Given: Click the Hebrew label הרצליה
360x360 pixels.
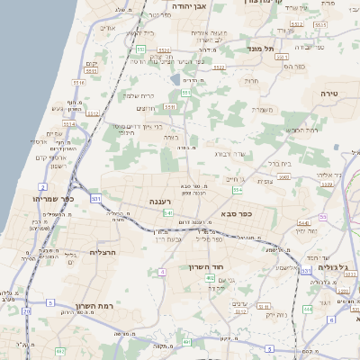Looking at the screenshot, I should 105,253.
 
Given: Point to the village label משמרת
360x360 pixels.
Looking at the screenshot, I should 263,110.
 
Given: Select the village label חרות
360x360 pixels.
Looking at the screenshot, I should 252,80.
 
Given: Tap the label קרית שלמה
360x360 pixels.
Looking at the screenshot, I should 141,96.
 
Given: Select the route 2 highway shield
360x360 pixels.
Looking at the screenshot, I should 42,187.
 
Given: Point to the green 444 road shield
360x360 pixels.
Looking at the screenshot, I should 308,310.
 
